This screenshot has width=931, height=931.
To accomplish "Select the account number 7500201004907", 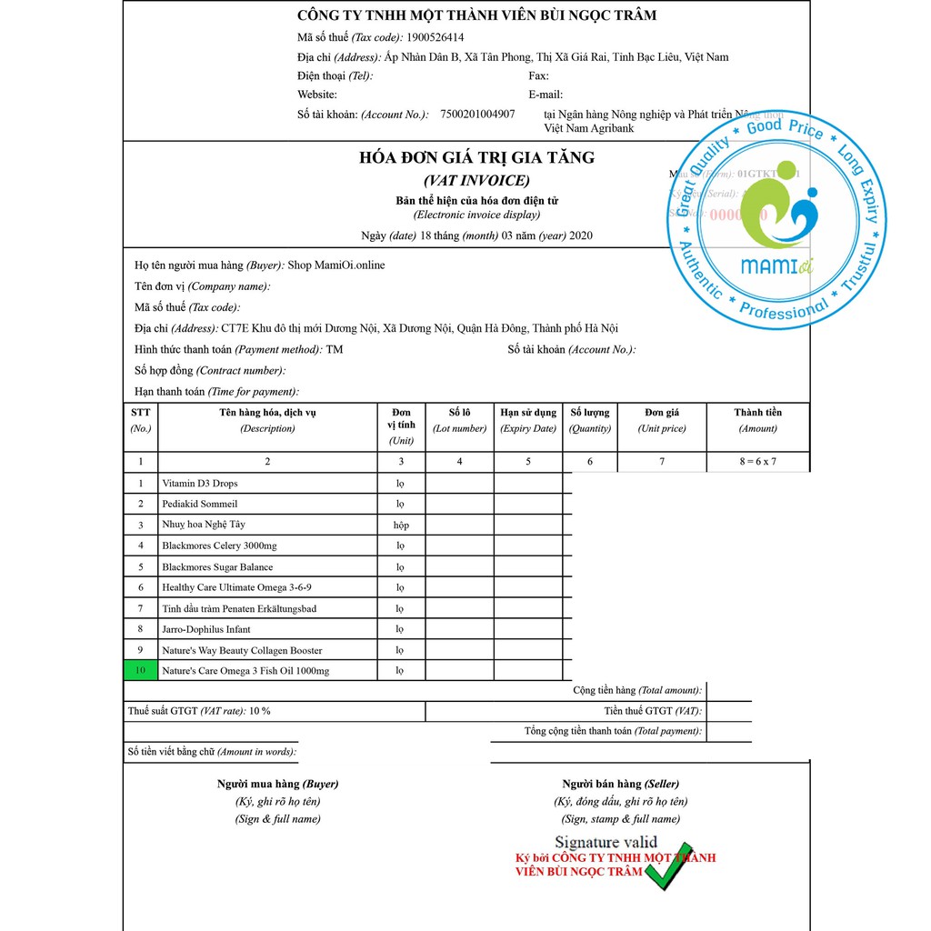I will [x=477, y=115].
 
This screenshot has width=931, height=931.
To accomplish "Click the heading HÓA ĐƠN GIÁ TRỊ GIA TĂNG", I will [x=476, y=158].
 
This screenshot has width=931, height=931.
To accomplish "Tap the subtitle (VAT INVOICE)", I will [x=476, y=180].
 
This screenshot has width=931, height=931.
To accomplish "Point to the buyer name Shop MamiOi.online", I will [x=336, y=265].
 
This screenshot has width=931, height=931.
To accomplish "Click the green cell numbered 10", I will [x=140, y=671].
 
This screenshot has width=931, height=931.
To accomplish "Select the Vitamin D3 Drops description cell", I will [x=199, y=484].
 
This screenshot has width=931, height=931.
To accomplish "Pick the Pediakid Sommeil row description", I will [x=199, y=505].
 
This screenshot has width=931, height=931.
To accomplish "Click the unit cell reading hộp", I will [x=401, y=526].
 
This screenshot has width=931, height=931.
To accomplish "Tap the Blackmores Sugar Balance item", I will [x=217, y=567].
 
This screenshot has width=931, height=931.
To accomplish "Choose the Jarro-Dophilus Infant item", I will [x=206, y=629].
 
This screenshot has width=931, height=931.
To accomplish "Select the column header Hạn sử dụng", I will [x=528, y=413].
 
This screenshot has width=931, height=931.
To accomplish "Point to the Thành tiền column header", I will [x=757, y=413].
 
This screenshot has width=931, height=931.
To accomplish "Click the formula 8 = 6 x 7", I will [x=757, y=462].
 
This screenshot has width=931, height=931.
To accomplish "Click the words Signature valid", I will [x=606, y=843].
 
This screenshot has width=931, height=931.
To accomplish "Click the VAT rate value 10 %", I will [x=259, y=711].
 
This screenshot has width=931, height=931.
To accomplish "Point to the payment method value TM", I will [x=335, y=350].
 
